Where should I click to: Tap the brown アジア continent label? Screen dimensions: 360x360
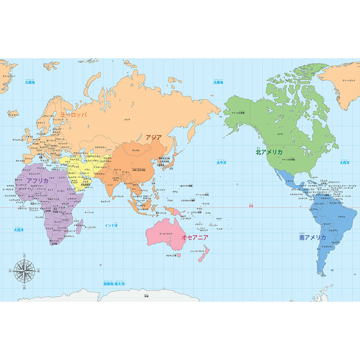(x=154, y=137)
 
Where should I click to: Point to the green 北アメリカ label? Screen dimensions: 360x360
(x=269, y=152)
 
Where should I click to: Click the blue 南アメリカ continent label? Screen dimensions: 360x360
(x=312, y=238)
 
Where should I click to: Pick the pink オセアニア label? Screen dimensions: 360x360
(x=195, y=237)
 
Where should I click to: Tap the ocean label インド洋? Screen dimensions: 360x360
(x=111, y=225)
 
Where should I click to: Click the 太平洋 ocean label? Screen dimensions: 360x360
(x=221, y=163)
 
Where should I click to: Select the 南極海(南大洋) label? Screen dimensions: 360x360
(x=114, y=284)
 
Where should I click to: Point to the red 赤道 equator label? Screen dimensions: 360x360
(x=251, y=206)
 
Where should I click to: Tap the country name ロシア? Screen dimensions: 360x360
(x=127, y=120)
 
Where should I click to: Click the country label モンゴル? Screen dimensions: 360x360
(x=136, y=150)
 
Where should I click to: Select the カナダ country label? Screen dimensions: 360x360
(x=280, y=134)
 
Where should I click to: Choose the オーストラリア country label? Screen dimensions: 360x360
(x=166, y=234)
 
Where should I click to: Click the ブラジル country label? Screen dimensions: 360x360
(x=342, y=217)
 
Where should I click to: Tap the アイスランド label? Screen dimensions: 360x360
(x=14, y=115)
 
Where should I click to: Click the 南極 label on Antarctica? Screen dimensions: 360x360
(x=146, y=296)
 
